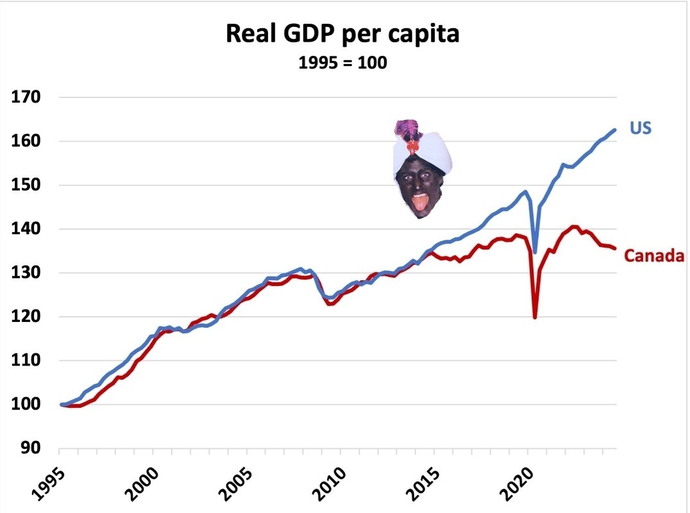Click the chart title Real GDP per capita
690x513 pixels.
point(343,35)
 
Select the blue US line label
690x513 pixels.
point(640,128)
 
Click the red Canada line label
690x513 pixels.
point(654,256)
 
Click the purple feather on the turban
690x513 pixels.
point(406,128)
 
